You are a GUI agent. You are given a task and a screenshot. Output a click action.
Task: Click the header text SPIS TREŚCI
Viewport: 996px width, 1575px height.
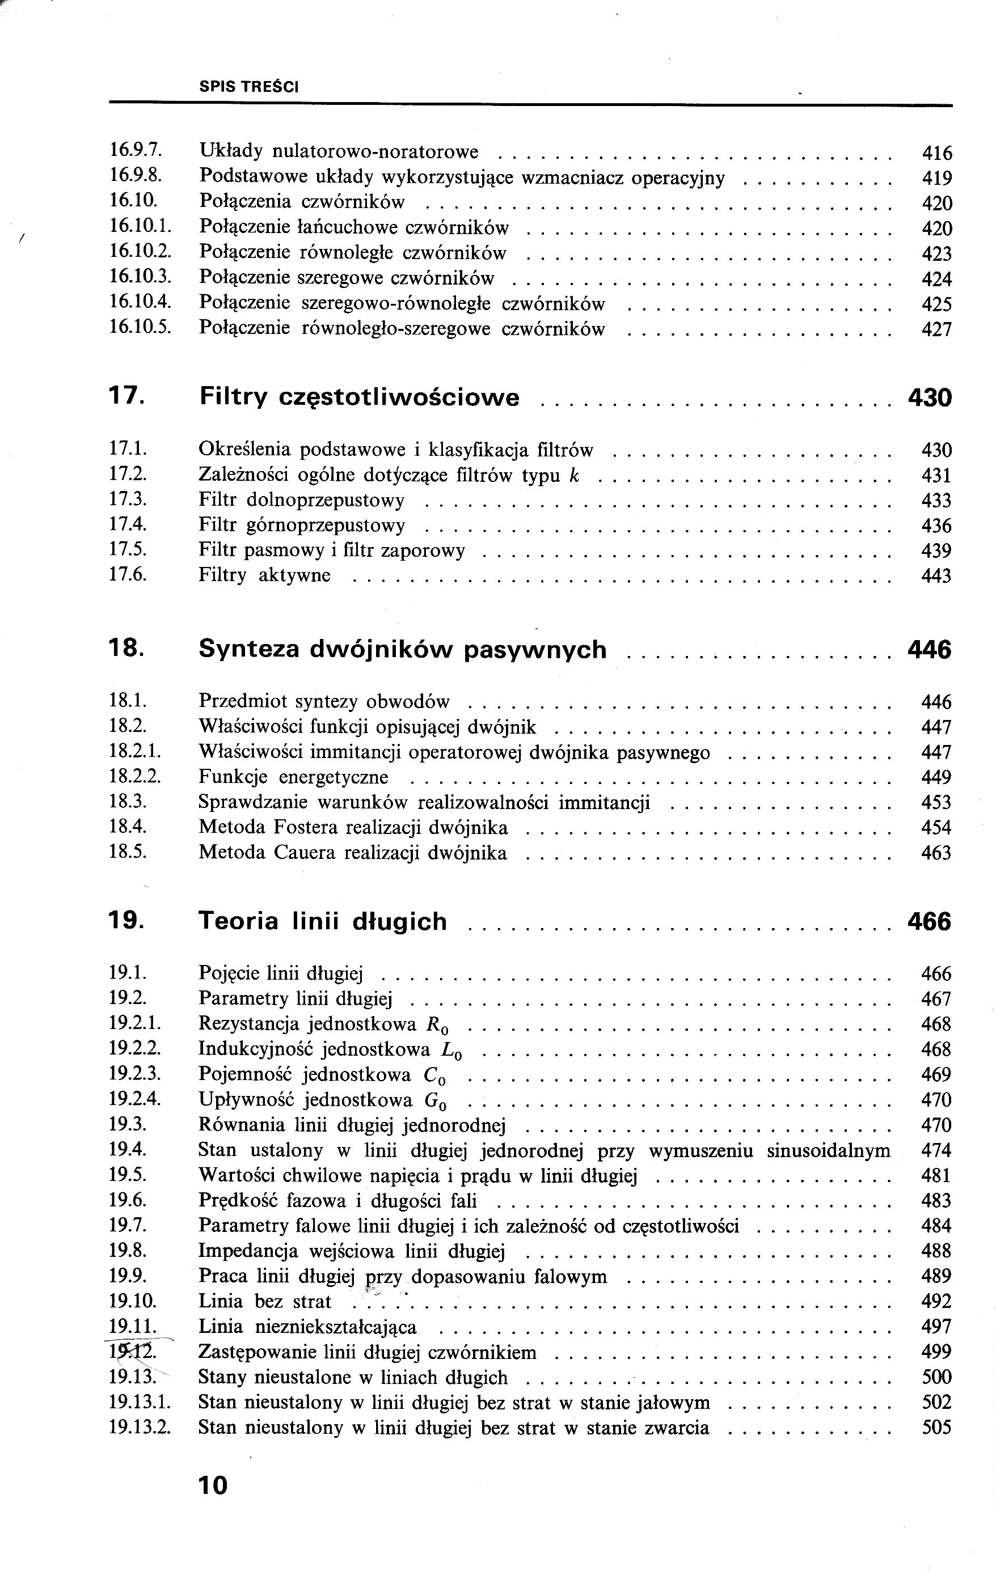[248, 86]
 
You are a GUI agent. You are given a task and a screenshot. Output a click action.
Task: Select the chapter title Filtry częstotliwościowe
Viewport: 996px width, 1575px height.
[358, 397]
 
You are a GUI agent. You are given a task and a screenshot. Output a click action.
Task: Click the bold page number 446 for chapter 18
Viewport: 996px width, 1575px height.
[929, 650]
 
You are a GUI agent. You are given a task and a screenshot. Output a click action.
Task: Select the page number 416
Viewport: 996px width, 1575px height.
[936, 153]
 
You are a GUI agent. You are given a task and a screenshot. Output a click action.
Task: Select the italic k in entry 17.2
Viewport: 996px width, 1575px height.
[575, 475]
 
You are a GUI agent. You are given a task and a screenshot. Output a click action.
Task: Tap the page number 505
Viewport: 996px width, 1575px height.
[936, 1427]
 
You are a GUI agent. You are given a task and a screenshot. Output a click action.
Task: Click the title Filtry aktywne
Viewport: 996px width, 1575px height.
[264, 575]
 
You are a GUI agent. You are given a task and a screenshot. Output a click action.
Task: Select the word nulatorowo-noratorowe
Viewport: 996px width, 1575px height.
[375, 152]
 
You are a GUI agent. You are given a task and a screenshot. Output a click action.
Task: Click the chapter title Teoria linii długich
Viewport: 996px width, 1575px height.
[323, 921]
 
